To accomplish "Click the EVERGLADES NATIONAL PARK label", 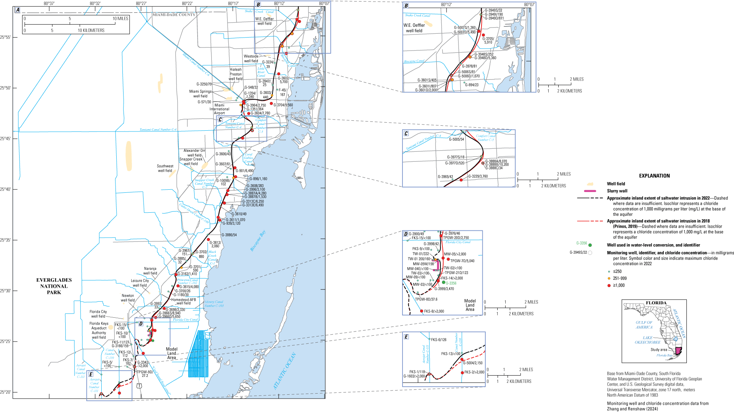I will [54, 286].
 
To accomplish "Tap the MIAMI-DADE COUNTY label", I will [174, 15].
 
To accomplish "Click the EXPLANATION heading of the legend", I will [654, 176].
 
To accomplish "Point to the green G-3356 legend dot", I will [590, 245].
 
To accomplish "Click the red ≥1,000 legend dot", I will [609, 286].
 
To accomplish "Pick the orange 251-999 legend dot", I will [609, 279].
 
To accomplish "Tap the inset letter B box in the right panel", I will [406, 6].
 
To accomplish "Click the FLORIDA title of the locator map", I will [656, 303].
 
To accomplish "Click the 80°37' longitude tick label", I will [49, 3].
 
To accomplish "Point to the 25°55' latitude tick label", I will [6, 38].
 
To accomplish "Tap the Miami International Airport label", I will [219, 109].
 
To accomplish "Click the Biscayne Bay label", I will [258, 241].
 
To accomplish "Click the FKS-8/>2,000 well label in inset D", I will [434, 312].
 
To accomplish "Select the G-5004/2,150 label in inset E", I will [473, 363].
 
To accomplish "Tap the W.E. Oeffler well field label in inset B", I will [414, 28].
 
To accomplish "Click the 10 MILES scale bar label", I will [120, 19].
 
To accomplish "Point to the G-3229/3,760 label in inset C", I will [478, 177].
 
